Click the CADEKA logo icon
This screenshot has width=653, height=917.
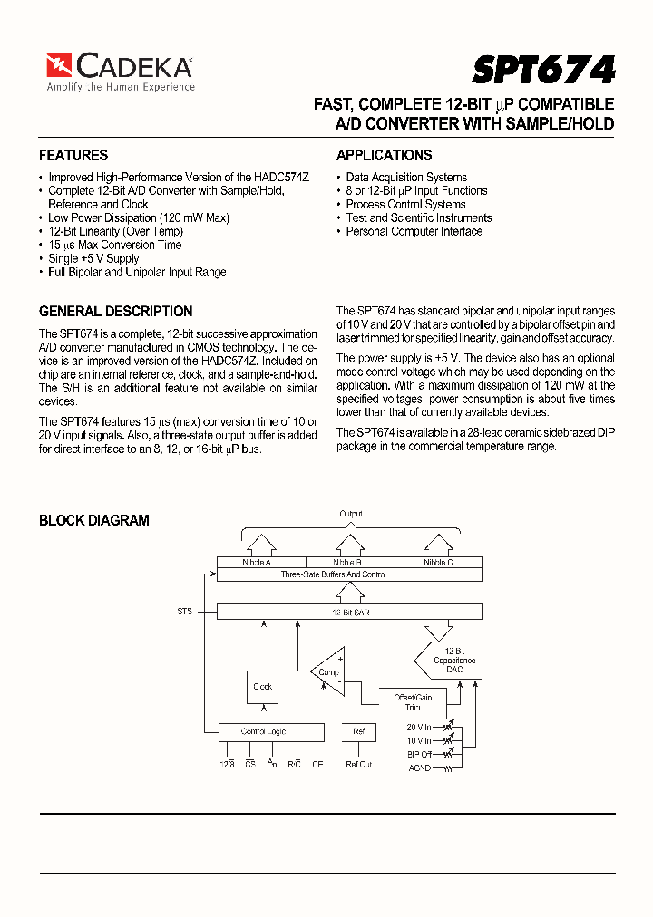[x=60, y=65]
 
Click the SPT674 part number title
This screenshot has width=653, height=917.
[x=543, y=70]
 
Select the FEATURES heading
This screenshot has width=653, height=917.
[x=73, y=155]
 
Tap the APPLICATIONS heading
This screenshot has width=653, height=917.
[x=384, y=155]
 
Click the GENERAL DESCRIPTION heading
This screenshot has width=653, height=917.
[x=115, y=311]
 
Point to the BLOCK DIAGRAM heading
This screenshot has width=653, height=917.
[x=93, y=520]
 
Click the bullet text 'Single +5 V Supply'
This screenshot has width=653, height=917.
[x=93, y=258]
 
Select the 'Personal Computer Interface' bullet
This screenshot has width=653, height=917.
[x=414, y=231]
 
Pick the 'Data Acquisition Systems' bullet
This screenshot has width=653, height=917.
[x=406, y=177]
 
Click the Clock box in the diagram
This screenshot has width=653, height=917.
[x=263, y=687]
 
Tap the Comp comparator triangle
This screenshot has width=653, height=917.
[x=326, y=671]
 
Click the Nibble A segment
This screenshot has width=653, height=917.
[x=258, y=563]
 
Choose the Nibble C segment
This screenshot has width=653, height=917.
[x=438, y=563]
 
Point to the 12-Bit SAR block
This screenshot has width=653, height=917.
[x=349, y=613]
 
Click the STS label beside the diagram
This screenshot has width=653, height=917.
[x=185, y=612]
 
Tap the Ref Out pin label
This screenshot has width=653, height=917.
[x=359, y=765]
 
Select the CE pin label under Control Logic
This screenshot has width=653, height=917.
[x=317, y=765]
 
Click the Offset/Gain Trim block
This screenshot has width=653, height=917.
[x=413, y=701]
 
